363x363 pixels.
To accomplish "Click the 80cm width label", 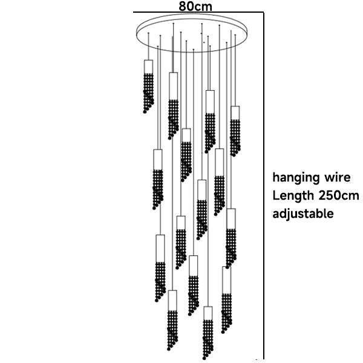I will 195,5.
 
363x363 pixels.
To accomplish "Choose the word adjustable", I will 302,214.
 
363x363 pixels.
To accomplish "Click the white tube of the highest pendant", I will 148,66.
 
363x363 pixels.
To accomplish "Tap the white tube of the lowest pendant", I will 208,313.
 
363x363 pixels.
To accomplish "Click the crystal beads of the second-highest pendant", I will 174,115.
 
